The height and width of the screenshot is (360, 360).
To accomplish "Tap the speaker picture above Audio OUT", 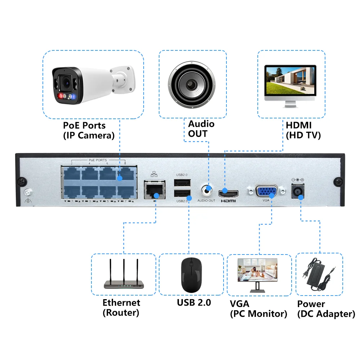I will (193, 84).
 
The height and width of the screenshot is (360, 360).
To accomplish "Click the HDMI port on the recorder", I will (228, 191).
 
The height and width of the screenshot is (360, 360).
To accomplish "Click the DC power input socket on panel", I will (297, 191).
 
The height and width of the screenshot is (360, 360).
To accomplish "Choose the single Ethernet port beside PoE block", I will (154, 189).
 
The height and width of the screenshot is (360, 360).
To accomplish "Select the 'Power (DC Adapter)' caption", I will (326, 309).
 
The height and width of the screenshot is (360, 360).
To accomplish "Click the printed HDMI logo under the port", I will (228, 201).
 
